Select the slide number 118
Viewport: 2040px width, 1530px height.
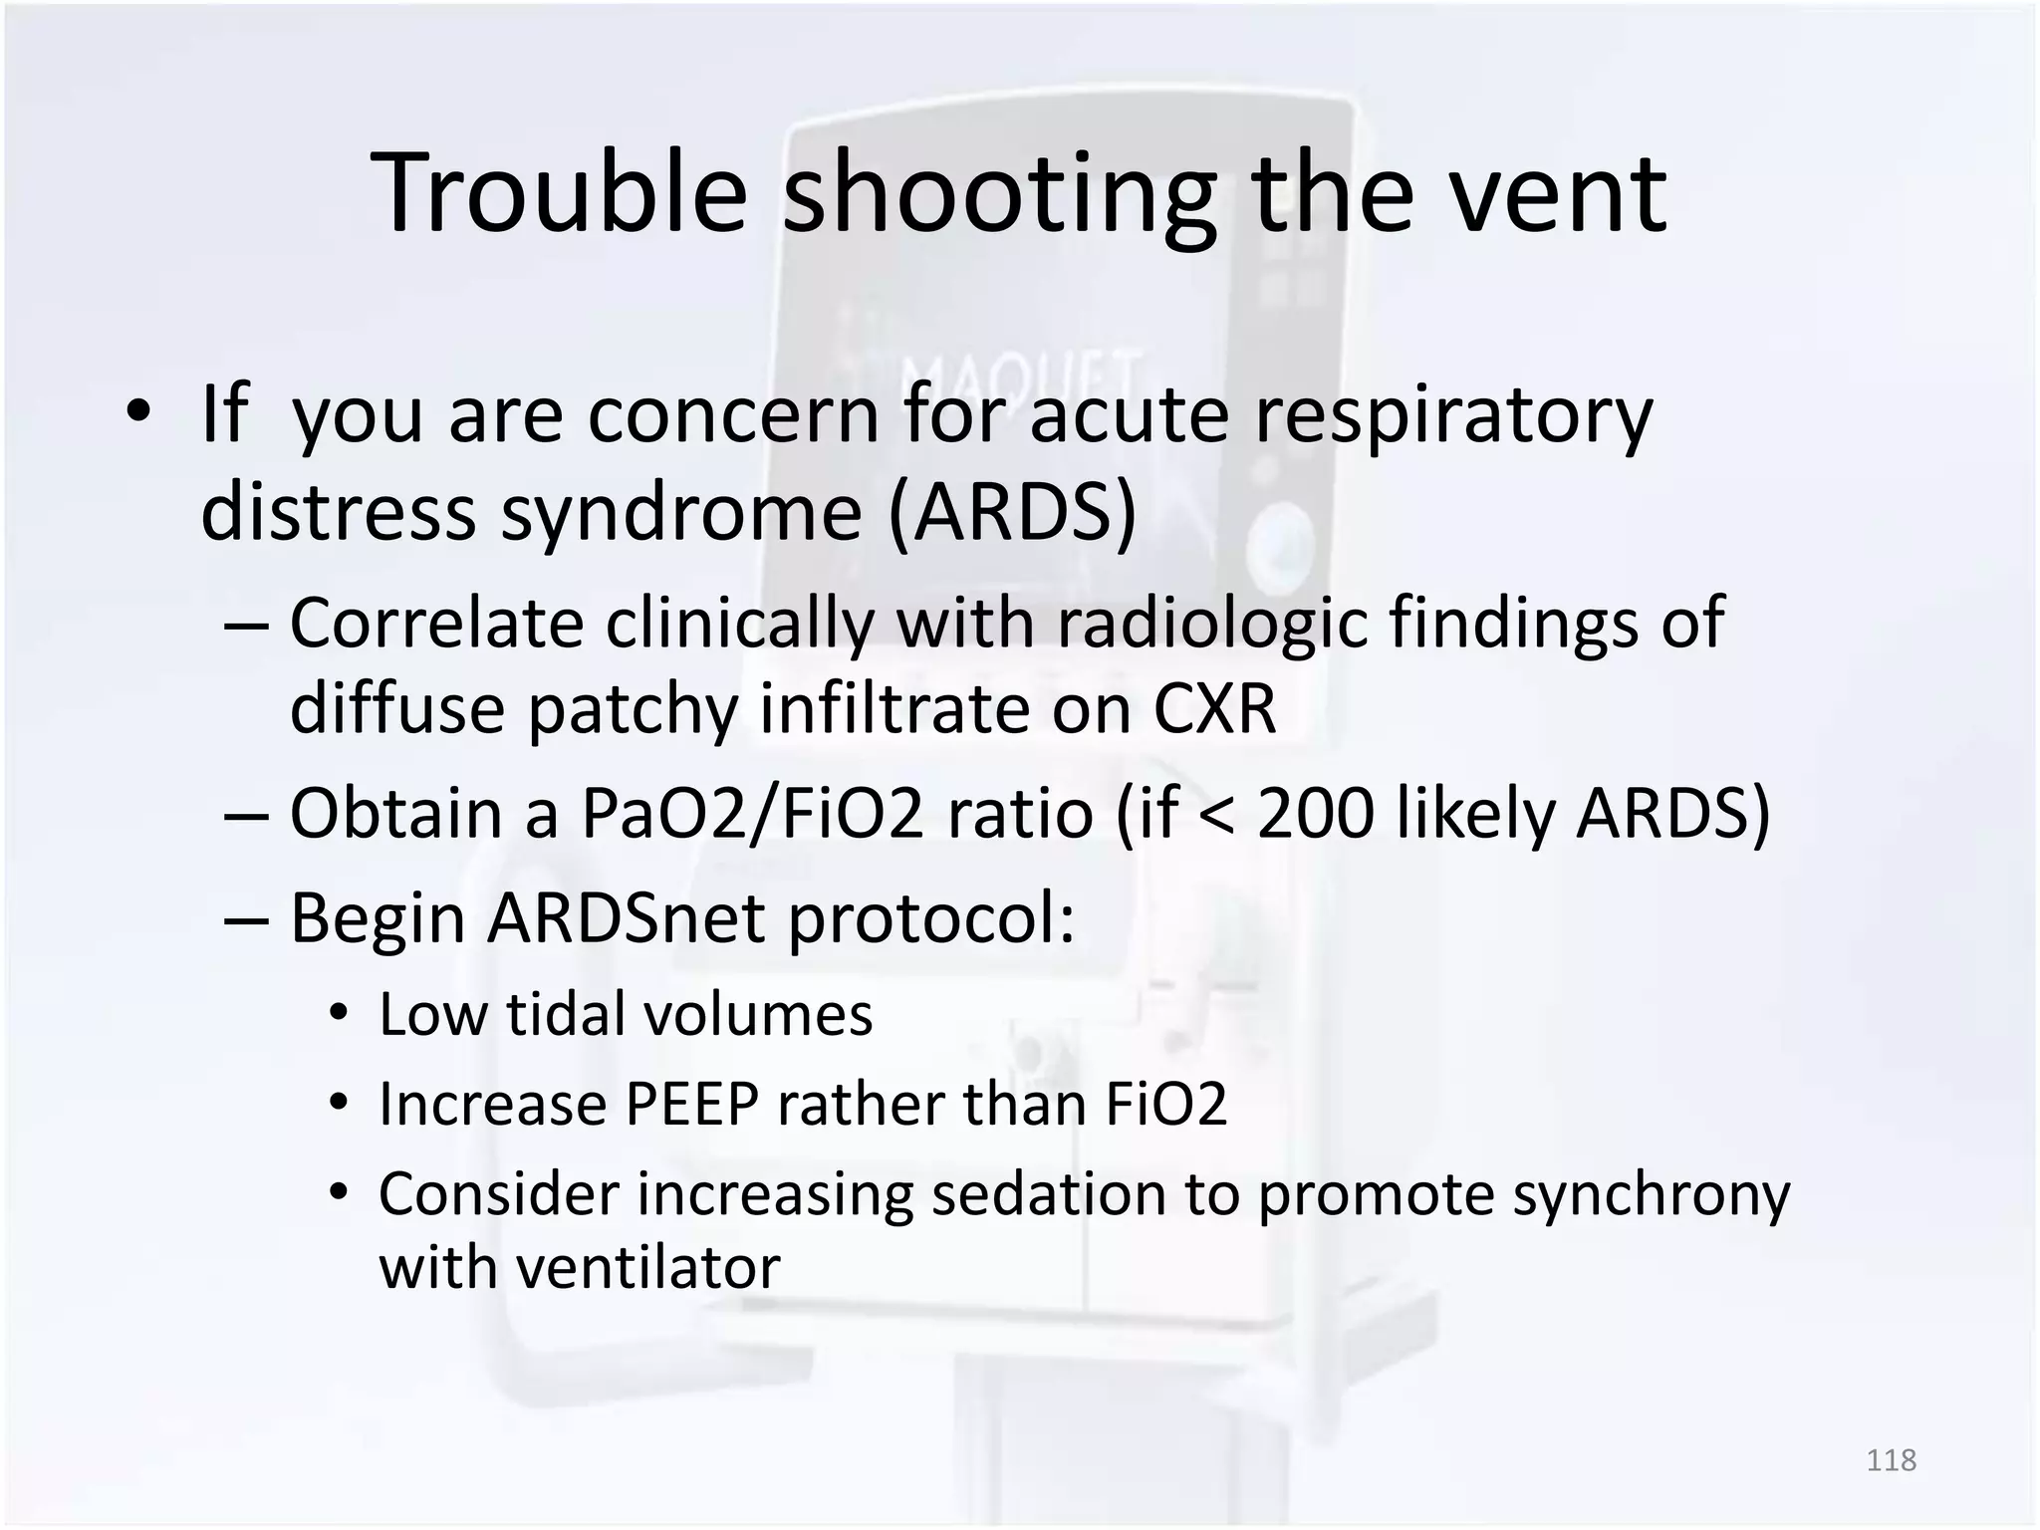coord(1891,1459)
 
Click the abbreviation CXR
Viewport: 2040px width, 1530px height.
coord(1214,708)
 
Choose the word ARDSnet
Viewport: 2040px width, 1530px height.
coord(627,917)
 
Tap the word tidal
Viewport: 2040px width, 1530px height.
coord(566,1014)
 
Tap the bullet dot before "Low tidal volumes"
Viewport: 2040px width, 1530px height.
coord(339,1014)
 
